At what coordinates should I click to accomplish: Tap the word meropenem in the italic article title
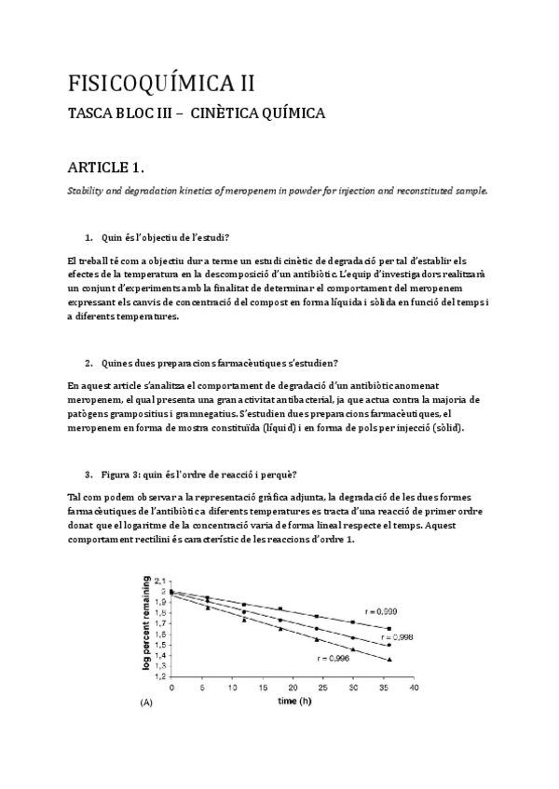coord(257,190)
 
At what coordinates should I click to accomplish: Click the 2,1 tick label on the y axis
coord(159,581)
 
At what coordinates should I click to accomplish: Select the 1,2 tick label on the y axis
coord(159,676)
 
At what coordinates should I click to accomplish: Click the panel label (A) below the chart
coord(145,703)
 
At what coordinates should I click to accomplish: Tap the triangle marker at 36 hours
coord(389,659)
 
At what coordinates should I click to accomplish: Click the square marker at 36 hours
coord(389,628)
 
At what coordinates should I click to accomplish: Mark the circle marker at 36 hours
coord(389,645)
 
